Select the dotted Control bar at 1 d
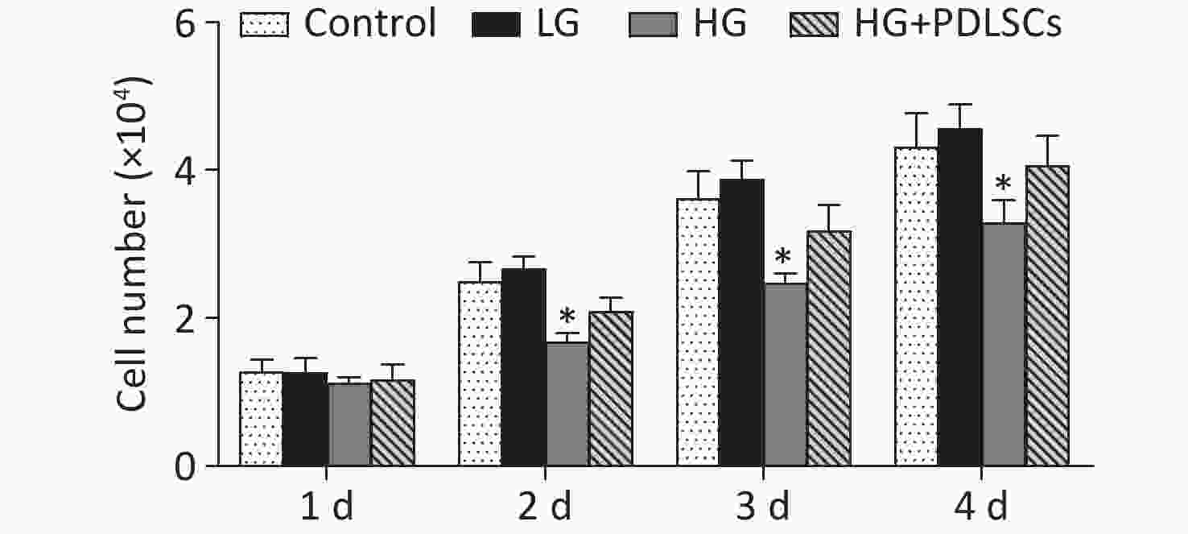point(261,419)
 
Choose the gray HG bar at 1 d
point(349,424)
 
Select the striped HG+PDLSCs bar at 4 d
point(1047,315)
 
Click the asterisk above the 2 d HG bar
point(567,316)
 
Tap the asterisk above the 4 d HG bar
point(1002,183)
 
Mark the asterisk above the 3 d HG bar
point(783,257)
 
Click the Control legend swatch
point(264,25)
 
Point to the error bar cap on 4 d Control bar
point(916,114)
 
